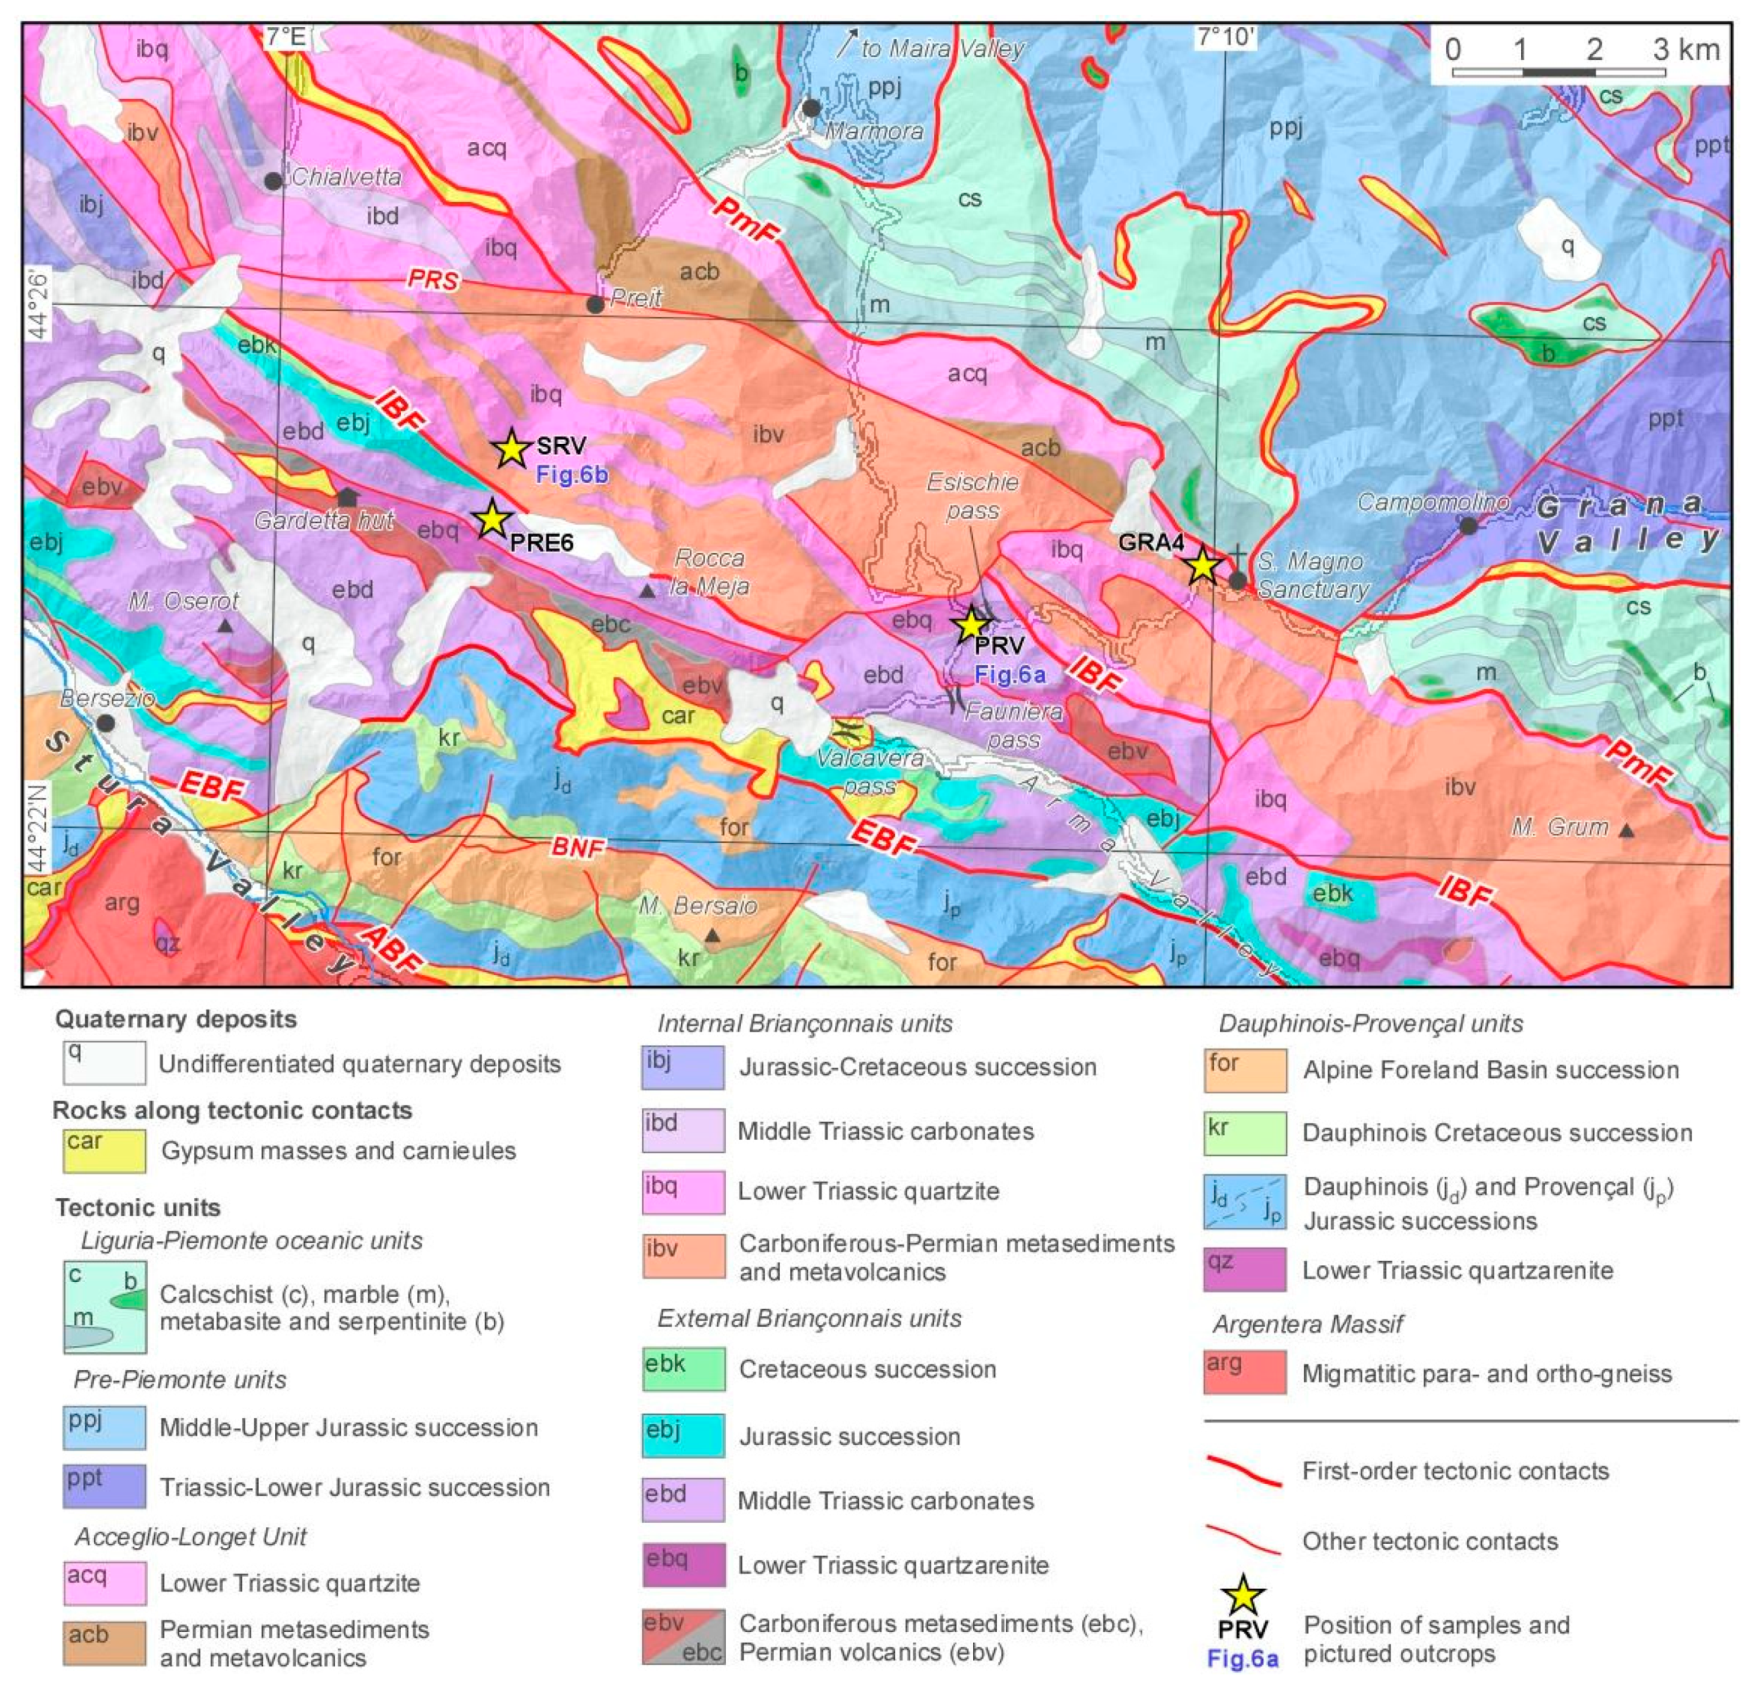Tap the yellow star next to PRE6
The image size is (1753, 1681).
pyautogui.click(x=492, y=518)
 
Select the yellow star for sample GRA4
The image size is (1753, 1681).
pyautogui.click(x=1203, y=565)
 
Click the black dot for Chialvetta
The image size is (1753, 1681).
pyautogui.click(x=274, y=180)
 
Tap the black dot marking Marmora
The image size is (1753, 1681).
pyautogui.click(x=811, y=108)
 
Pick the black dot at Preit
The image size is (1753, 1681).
pyautogui.click(x=595, y=305)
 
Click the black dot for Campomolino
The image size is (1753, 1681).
pyautogui.click(x=1468, y=526)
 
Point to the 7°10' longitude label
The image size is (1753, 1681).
pyautogui.click(x=1227, y=37)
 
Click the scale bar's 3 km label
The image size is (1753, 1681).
pyautogui.click(x=1686, y=49)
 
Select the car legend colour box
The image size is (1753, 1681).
pyautogui.click(x=104, y=1151)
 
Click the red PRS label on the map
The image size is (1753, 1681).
pyautogui.click(x=433, y=279)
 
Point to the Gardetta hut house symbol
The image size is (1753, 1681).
pyautogui.click(x=347, y=496)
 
